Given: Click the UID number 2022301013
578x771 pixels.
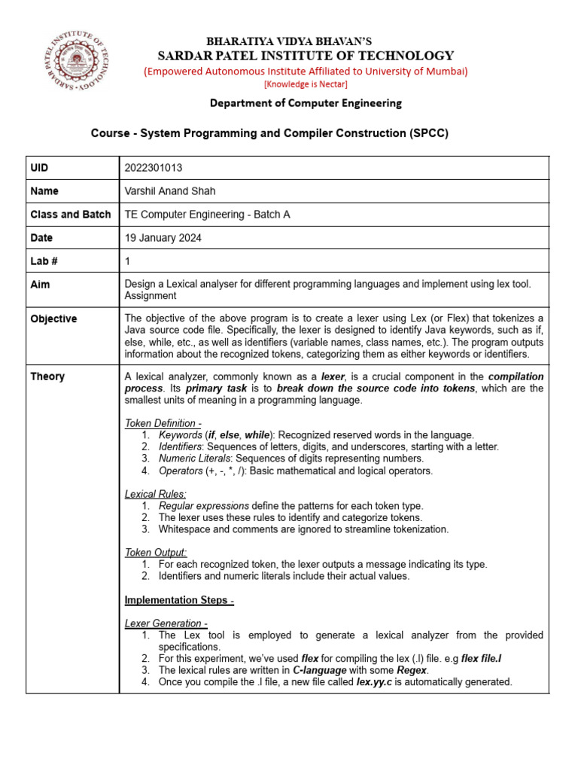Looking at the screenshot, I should pyautogui.click(x=154, y=168).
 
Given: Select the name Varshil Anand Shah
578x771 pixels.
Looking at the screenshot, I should pyautogui.click(x=169, y=191).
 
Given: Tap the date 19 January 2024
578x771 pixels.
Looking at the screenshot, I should pyautogui.click(x=163, y=238).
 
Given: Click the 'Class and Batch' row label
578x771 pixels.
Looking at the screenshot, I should pyautogui.click(x=70, y=215).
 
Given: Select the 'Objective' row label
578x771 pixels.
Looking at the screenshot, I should pyautogui.click(x=53, y=318).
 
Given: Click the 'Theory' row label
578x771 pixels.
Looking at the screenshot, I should pyautogui.click(x=47, y=376).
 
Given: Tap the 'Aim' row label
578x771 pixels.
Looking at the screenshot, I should pyautogui.click(x=40, y=285).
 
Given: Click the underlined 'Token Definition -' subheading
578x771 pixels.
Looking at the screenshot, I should pyautogui.click(x=163, y=423).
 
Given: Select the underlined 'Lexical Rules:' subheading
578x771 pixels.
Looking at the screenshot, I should pyautogui.click(x=155, y=494).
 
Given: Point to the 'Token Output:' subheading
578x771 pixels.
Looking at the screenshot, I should pyautogui.click(x=156, y=553).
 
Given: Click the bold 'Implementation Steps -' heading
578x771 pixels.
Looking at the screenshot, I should pyautogui.click(x=179, y=600).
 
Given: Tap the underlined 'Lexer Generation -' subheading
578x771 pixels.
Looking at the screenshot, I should pyautogui.click(x=166, y=623).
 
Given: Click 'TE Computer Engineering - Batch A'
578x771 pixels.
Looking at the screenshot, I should pyautogui.click(x=207, y=215).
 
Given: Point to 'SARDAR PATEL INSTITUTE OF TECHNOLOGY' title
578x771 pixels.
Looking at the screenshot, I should pyautogui.click(x=305, y=56).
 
